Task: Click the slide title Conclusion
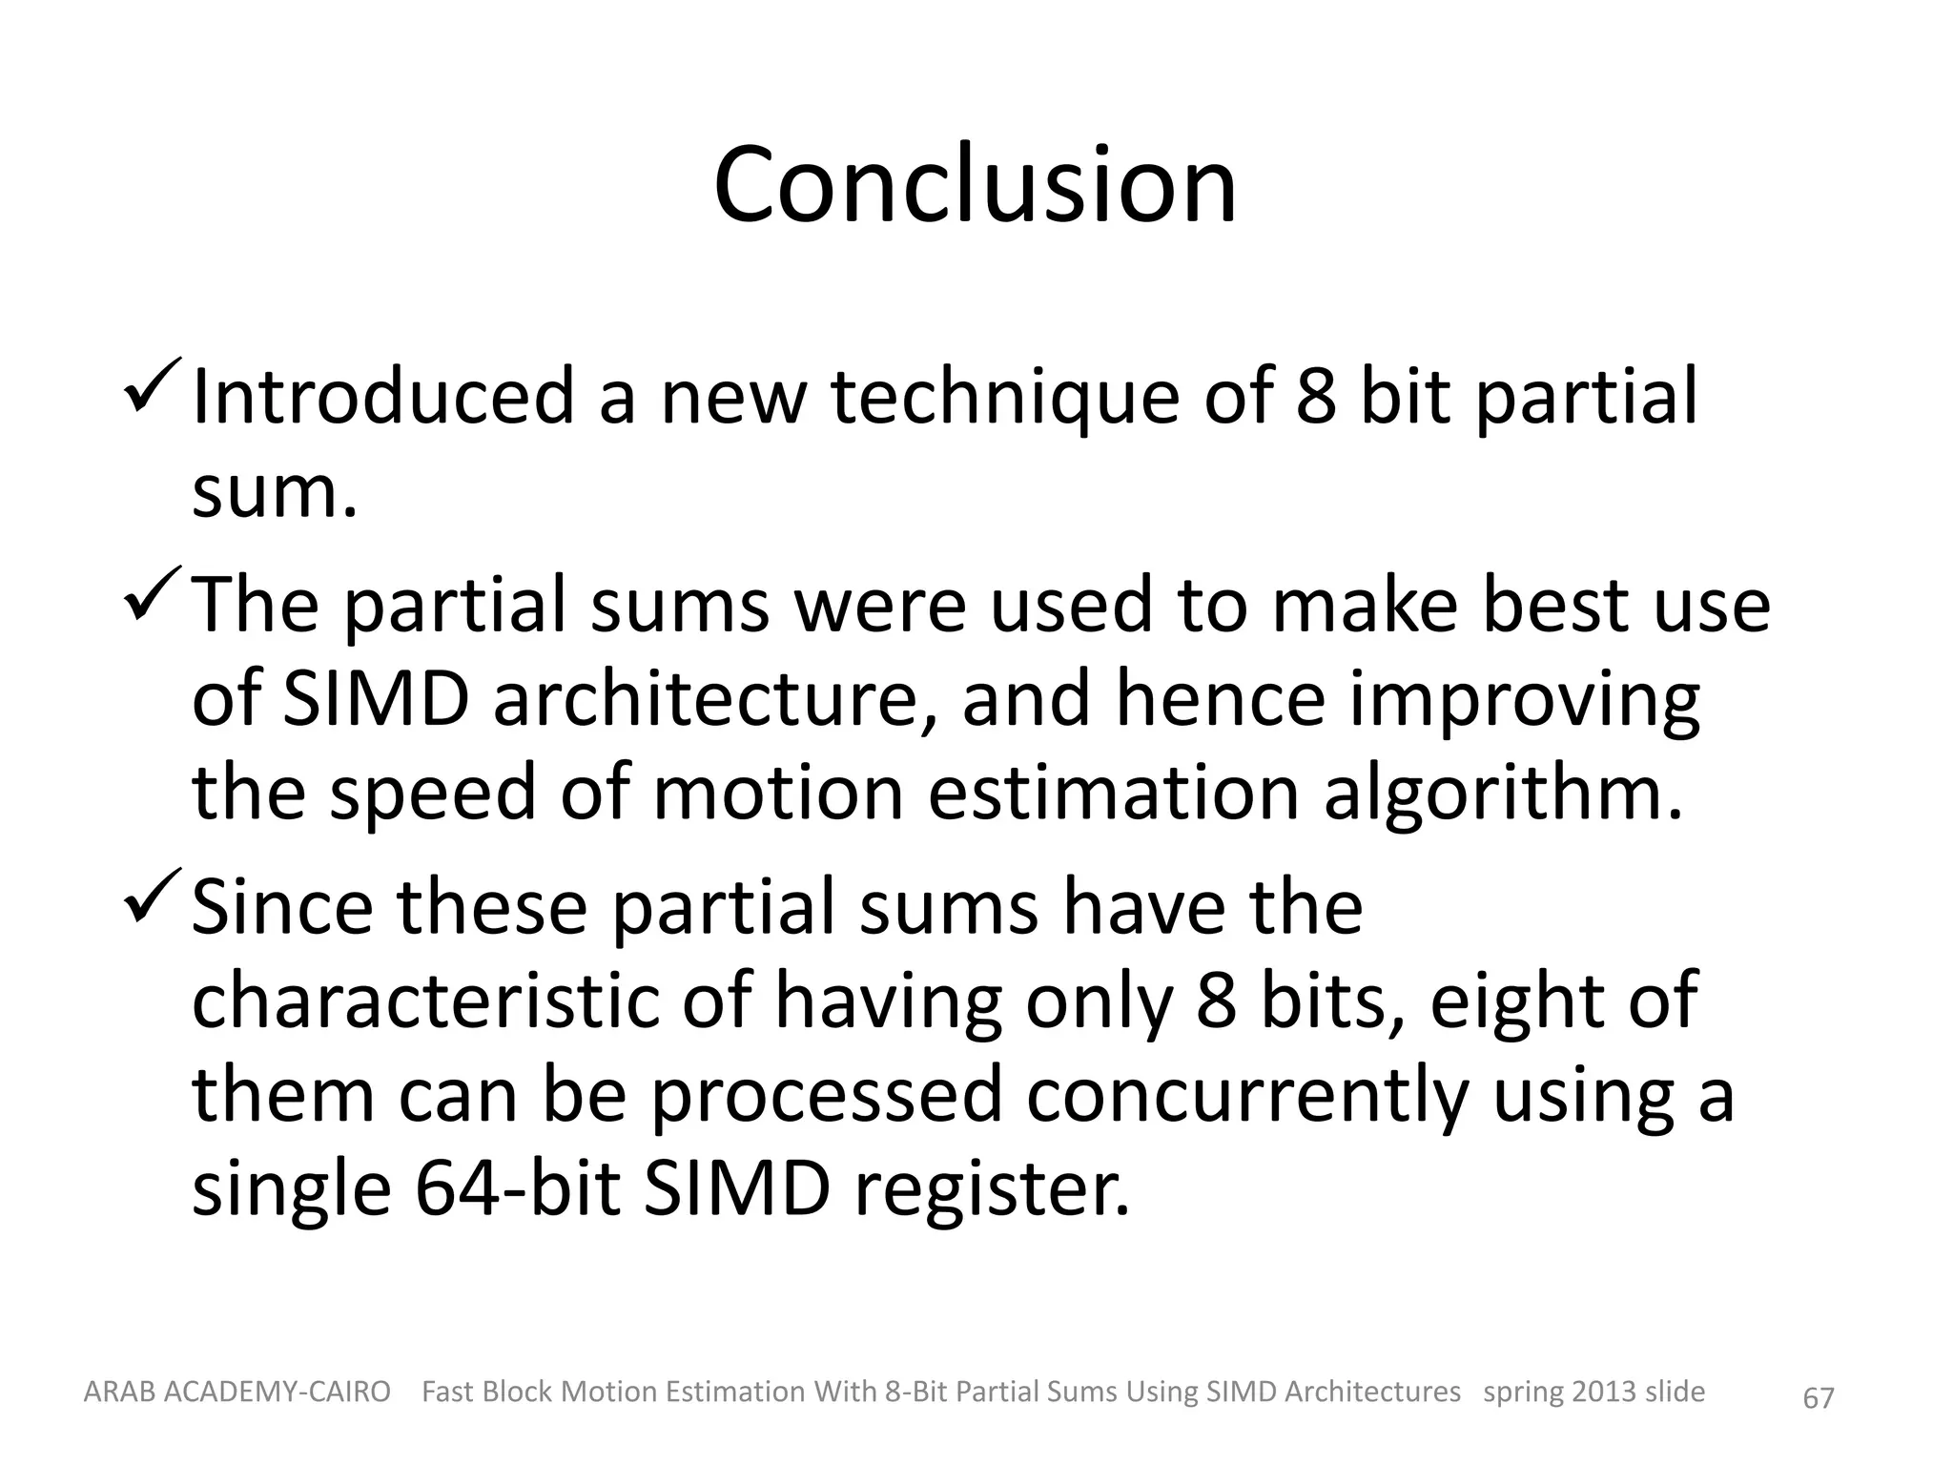point(975,185)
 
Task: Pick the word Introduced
point(382,397)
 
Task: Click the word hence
point(1220,699)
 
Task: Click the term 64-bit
point(519,1189)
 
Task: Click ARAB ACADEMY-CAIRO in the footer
point(237,1393)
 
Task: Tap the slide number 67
point(1819,1398)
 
